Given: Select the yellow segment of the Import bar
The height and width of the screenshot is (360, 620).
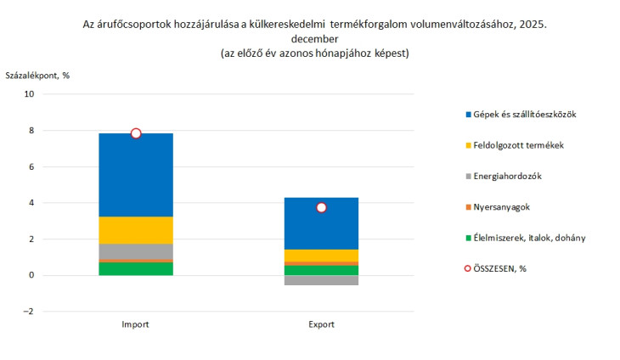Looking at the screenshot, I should tap(136, 230).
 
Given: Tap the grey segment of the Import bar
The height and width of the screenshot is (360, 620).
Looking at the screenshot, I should tap(136, 251).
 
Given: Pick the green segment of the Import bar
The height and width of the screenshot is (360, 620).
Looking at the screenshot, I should tap(136, 268).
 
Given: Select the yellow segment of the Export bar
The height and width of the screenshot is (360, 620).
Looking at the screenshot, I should tap(321, 256).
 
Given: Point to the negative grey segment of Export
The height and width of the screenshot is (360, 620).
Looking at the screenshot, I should tap(321, 280).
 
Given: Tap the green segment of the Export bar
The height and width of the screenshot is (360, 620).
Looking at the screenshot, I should tap(321, 271).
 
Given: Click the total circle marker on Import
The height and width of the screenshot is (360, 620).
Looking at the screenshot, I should tap(136, 133).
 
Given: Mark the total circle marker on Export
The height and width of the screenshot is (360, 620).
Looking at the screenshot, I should tap(321, 207).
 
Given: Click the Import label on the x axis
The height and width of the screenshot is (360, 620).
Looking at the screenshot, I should tap(136, 324).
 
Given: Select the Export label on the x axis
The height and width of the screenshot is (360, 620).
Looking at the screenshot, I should tap(321, 324).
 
